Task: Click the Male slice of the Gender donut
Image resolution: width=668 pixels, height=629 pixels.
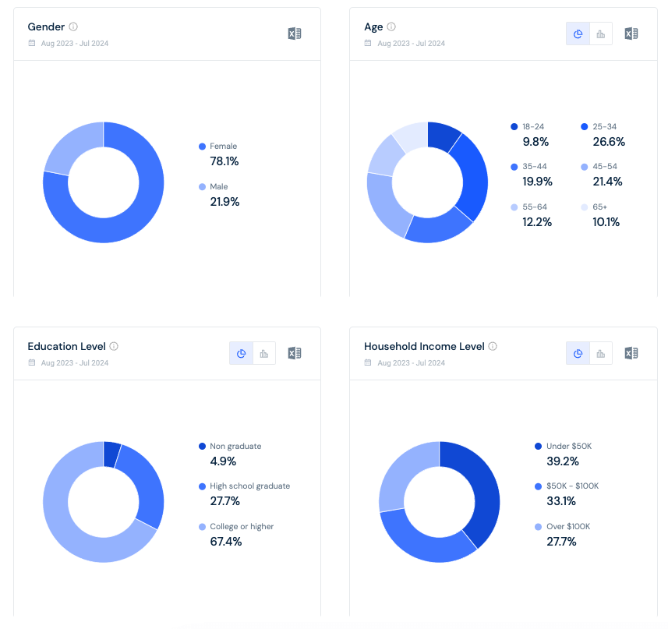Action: [x=71, y=144]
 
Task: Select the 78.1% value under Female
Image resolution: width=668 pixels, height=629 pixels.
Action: [x=224, y=161]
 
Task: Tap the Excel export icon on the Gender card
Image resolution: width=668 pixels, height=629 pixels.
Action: [x=295, y=34]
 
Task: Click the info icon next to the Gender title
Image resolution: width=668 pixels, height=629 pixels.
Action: [x=73, y=27]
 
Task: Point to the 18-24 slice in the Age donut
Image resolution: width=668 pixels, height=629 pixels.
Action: [x=442, y=136]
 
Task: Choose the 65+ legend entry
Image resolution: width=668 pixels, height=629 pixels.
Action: [x=599, y=207]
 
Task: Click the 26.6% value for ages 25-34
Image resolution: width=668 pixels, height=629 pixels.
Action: [x=609, y=142]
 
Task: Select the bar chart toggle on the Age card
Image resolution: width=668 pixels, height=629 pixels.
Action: [x=601, y=34]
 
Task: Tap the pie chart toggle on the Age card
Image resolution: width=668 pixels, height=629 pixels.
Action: [x=578, y=34]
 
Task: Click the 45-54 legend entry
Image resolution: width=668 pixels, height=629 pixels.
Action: [x=605, y=167]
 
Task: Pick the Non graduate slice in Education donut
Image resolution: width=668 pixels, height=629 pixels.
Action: [x=111, y=454]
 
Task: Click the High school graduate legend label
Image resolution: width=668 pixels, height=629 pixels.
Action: [x=249, y=486]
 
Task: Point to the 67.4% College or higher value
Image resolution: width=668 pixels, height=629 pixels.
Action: [x=226, y=542]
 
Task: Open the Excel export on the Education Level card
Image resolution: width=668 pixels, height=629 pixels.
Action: [x=295, y=353]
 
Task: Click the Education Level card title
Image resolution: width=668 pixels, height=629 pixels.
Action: [x=66, y=346]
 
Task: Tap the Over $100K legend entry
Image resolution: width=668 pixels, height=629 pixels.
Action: [x=568, y=527]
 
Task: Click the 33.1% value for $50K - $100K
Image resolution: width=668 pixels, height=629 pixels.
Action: [x=561, y=501]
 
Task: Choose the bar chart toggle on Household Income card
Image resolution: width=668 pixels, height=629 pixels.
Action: [x=601, y=353]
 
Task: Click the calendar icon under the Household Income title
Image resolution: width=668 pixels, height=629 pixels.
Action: [x=368, y=362]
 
